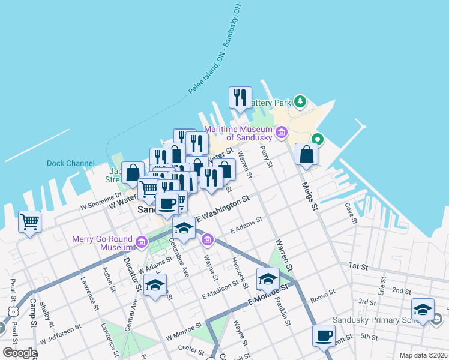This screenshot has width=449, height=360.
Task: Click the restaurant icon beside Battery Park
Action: click(x=240, y=97)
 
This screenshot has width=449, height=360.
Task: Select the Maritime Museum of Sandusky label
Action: click(x=239, y=134)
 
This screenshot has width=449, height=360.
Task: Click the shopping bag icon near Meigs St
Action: click(x=306, y=154)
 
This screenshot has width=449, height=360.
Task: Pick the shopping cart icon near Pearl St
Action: click(x=29, y=222)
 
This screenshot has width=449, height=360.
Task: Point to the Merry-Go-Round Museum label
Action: click(x=102, y=243)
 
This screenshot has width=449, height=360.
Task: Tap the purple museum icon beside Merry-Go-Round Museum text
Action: click(x=141, y=242)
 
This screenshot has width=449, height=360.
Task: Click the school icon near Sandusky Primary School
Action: click(x=423, y=310)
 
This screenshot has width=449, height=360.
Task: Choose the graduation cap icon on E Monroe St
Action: click(x=268, y=278)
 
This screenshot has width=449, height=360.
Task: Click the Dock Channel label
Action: click(x=71, y=163)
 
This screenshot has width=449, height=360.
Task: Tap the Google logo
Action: click(x=20, y=353)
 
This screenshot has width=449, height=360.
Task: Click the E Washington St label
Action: click(x=221, y=207)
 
